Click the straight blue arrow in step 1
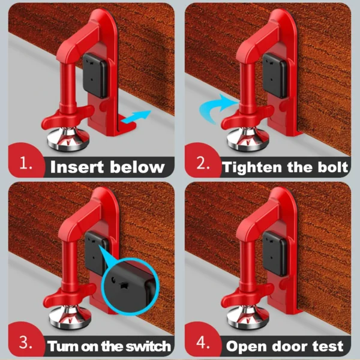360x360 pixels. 136,116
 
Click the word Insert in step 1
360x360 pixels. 77,167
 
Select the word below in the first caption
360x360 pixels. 137,167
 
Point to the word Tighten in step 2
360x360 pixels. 252,167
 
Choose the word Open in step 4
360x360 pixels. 245,346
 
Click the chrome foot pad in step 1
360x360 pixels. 68,139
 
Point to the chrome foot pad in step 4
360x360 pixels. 248,317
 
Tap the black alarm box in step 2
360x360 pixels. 275,76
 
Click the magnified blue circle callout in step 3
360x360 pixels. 130,286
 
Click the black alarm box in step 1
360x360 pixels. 95,76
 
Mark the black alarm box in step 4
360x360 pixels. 275,254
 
